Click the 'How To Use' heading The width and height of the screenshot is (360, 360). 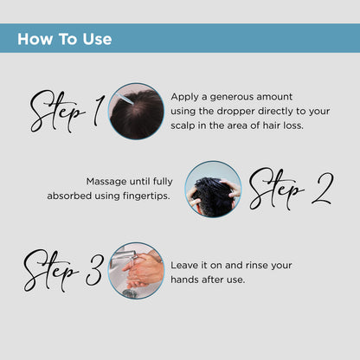coord(65,39)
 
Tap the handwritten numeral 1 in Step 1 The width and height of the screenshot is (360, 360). coord(99,111)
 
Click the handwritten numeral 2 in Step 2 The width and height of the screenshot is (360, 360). coord(323,189)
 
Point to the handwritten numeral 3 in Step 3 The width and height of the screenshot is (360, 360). coord(94,270)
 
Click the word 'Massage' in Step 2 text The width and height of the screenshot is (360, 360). coord(106,182)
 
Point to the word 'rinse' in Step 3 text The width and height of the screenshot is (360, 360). coord(254,265)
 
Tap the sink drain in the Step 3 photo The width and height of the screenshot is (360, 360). coord(129,293)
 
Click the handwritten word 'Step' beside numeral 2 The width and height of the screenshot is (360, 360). coord(276,189)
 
